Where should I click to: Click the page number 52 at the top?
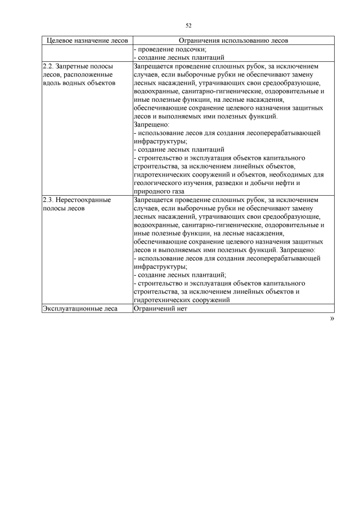(x=188, y=25)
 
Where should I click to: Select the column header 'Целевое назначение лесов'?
(x=87, y=40)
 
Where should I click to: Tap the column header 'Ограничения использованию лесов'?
(x=233, y=40)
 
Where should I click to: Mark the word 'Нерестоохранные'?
(x=83, y=200)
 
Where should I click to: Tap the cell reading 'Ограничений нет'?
(x=160, y=308)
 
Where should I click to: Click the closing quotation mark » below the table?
(x=331, y=318)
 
